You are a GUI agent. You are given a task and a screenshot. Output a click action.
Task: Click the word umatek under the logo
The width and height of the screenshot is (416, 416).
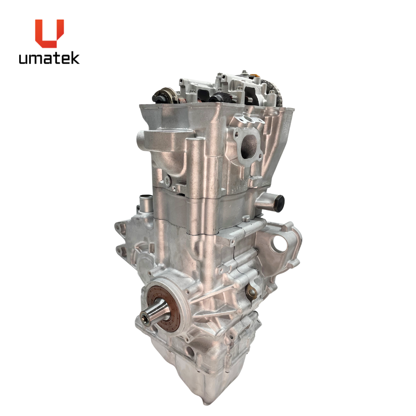pyautogui.click(x=49, y=58)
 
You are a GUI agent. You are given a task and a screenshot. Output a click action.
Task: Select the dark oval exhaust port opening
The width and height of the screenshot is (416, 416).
pyautogui.click(x=249, y=145)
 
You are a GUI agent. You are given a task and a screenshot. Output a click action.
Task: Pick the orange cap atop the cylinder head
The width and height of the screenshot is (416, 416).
pyautogui.click(x=256, y=77)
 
